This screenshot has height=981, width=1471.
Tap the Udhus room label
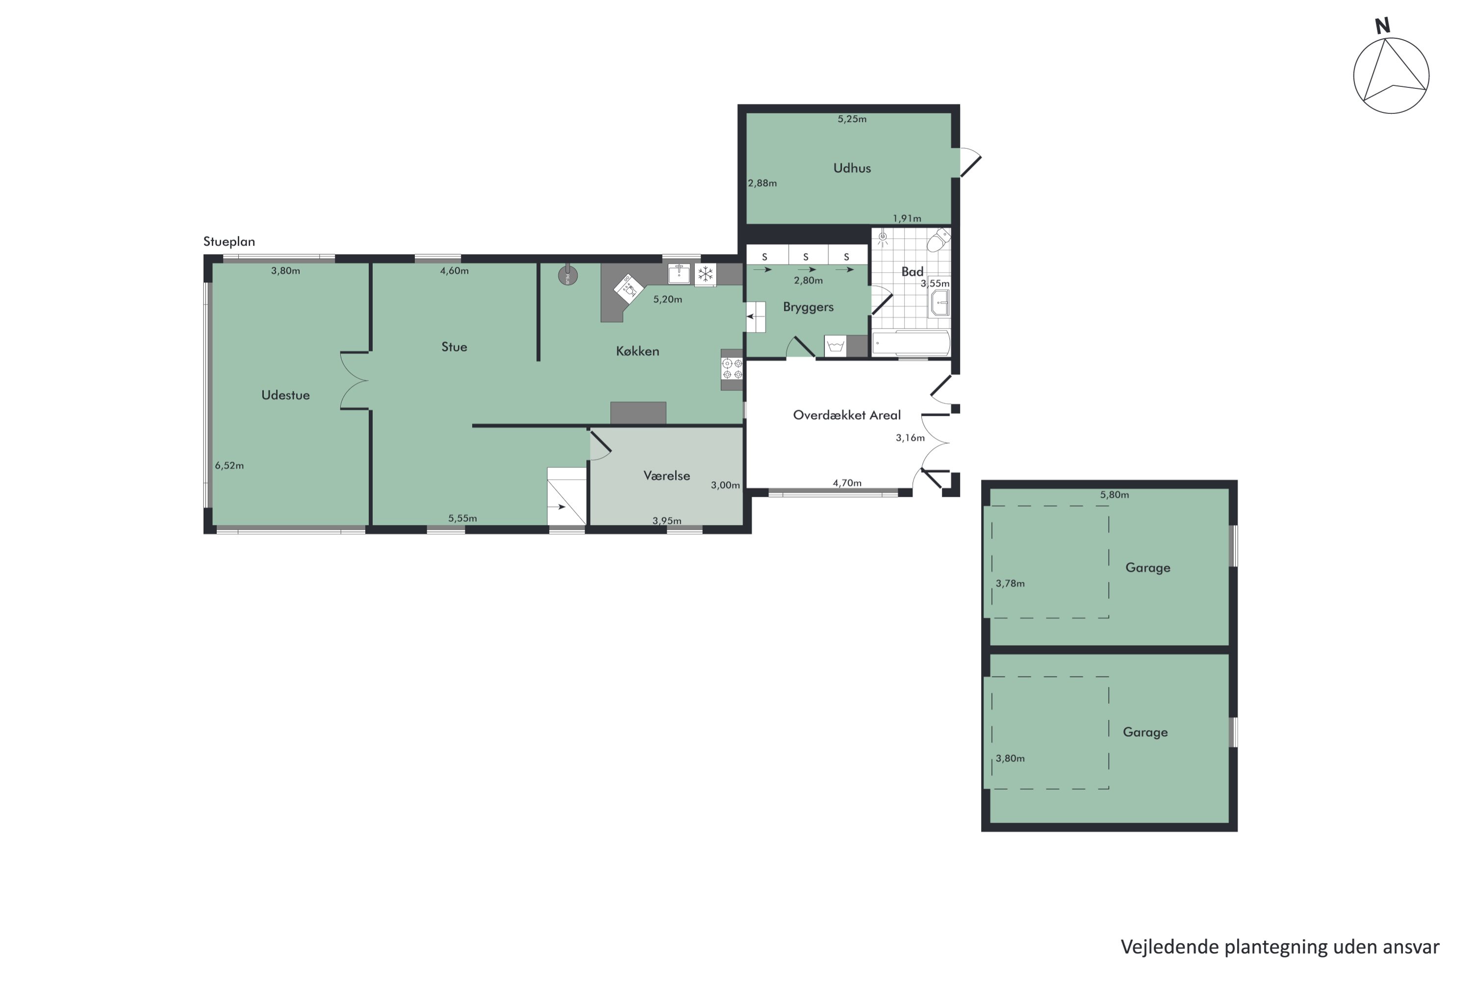(x=852, y=168)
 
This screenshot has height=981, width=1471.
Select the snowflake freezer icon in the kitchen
(x=706, y=274)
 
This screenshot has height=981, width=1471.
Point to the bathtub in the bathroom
(x=911, y=343)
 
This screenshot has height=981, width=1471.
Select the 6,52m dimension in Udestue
(x=229, y=465)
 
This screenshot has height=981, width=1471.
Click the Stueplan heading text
(x=229, y=241)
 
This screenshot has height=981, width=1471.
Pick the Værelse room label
(x=667, y=475)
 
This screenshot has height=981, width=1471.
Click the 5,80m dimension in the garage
(x=1115, y=495)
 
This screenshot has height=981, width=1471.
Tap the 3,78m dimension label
(x=1010, y=584)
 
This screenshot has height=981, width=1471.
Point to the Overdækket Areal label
(x=847, y=415)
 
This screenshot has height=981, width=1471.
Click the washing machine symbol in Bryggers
(x=836, y=346)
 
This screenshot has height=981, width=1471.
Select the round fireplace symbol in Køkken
(x=568, y=275)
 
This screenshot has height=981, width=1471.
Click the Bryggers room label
(x=808, y=307)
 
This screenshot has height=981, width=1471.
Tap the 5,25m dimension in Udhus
(x=852, y=119)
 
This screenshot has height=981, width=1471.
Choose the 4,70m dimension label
(x=847, y=483)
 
